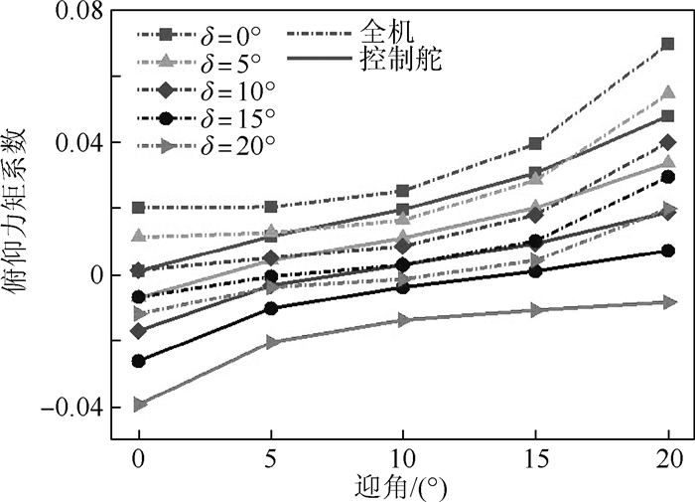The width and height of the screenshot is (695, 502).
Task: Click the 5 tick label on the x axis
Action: [x=271, y=461]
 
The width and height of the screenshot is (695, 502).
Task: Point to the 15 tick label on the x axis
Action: [x=535, y=461]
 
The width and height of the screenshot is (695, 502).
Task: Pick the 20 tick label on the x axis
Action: [x=667, y=461]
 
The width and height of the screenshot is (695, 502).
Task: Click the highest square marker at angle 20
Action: [x=667, y=44]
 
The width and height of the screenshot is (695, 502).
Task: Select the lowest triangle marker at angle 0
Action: [x=139, y=405]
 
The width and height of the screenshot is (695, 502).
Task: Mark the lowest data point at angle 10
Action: [x=403, y=319]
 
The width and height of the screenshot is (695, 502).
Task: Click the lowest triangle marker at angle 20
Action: [x=667, y=300]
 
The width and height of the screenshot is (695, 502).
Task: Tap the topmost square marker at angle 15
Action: [x=535, y=144]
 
